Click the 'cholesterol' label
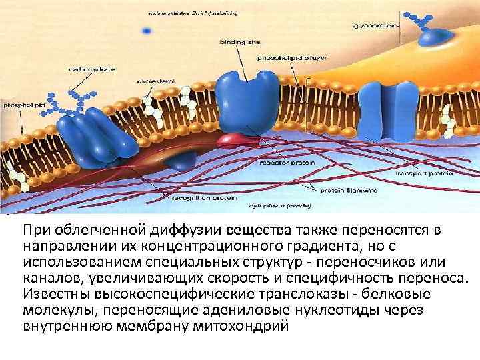pos(155,81)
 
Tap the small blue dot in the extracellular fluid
pos(146,30)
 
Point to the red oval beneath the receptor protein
pos(231,139)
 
